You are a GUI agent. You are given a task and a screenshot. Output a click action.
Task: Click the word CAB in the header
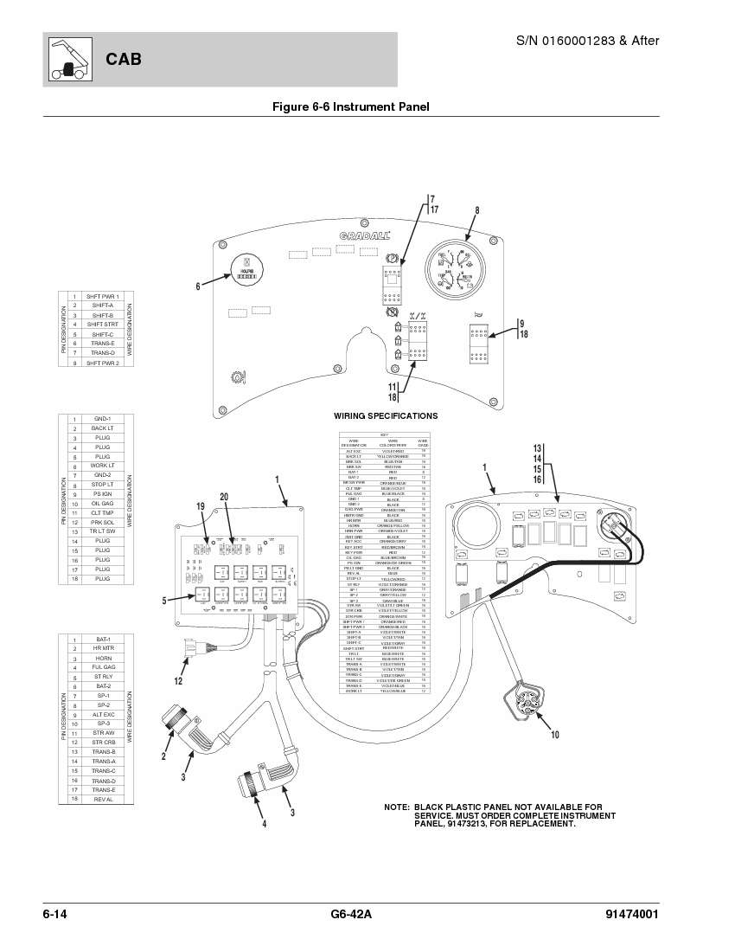coord(124,60)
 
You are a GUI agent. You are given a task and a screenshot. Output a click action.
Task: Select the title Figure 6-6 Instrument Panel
coord(351,107)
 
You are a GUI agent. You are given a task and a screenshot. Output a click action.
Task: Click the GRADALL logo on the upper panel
coord(364,235)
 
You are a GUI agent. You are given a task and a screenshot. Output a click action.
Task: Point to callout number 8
coord(476,210)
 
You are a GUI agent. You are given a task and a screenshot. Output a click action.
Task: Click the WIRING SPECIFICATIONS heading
coord(386,416)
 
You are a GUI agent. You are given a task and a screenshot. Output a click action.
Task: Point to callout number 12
coord(177,681)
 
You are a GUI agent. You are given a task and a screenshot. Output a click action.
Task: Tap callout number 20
coord(224,497)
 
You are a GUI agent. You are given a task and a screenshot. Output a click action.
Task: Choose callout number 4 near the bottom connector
coord(264,823)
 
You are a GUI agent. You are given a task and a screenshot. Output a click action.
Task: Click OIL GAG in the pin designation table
coord(102,504)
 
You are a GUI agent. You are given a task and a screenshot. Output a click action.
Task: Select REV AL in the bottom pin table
coord(102,799)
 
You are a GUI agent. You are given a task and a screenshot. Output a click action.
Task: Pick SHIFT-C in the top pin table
coord(102,334)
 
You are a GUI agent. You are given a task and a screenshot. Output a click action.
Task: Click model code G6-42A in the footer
coord(351,916)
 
